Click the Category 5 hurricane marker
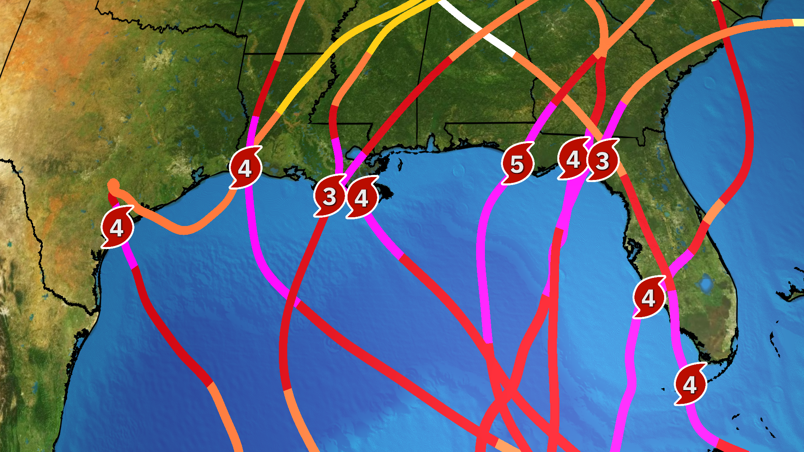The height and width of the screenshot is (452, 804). [517, 164]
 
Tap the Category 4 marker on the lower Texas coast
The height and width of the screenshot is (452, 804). [117, 228]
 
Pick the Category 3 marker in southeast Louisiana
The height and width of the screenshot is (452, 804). [330, 196]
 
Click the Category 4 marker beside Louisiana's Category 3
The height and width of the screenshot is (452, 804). [361, 198]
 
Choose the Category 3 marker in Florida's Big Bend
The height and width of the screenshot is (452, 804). [602, 160]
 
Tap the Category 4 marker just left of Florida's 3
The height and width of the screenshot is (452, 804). [573, 159]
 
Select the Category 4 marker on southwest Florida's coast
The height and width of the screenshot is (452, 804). [648, 298]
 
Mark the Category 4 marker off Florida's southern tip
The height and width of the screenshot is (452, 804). [690, 384]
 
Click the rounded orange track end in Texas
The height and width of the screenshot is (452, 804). [113, 185]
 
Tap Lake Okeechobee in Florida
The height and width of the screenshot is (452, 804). [706, 283]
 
